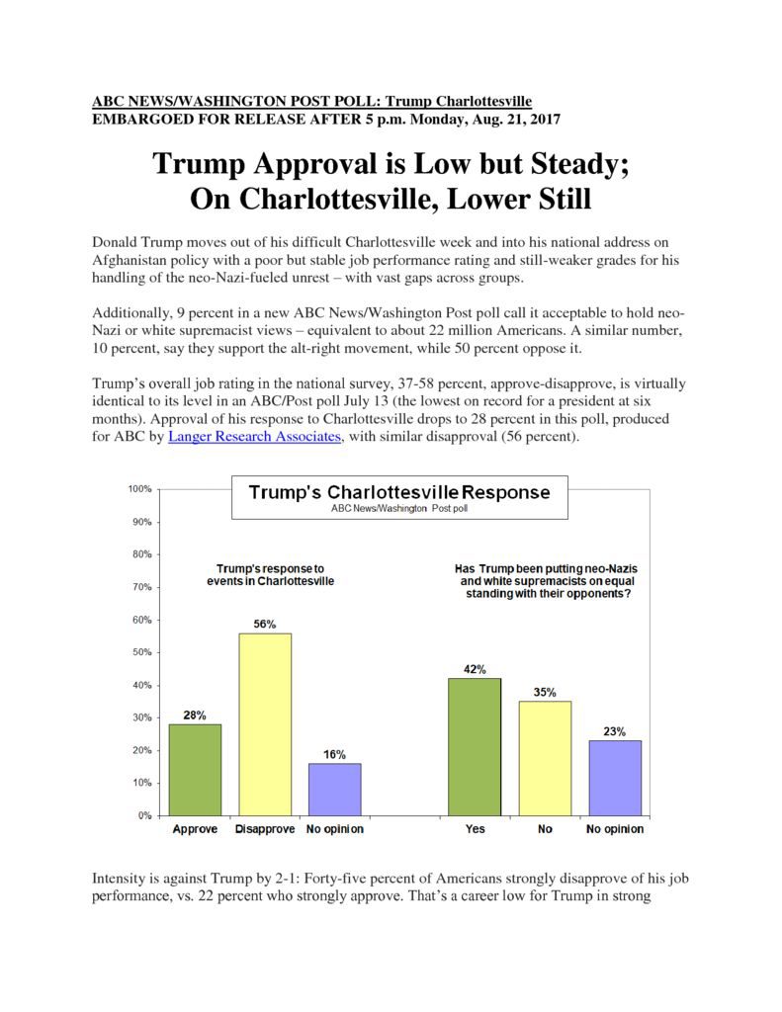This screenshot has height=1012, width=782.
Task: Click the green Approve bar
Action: pyautogui.click(x=195, y=770)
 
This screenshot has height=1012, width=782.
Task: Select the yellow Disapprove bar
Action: pyautogui.click(x=265, y=724)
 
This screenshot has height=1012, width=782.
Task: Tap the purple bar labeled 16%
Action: pyautogui.click(x=334, y=790)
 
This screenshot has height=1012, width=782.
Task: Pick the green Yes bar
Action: pyautogui.click(x=475, y=747)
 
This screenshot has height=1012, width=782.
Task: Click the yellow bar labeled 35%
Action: pyautogui.click(x=545, y=758)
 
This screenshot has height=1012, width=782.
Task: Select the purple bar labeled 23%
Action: pyautogui.click(x=615, y=778)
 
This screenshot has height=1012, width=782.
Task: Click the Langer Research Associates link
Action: pyautogui.click(x=254, y=436)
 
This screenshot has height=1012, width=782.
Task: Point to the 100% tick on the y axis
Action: pyautogui.click(x=139, y=489)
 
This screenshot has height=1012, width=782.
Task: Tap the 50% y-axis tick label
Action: pyautogui.click(x=142, y=652)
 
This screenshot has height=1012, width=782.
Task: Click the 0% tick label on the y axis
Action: pyautogui.click(x=144, y=815)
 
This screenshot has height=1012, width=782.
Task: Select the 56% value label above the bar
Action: pyautogui.click(x=265, y=625)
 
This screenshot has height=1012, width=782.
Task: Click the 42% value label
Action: pyautogui.click(x=475, y=669)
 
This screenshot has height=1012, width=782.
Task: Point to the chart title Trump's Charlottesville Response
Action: pyautogui.click(x=399, y=492)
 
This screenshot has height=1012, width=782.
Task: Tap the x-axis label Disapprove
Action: pyautogui.click(x=265, y=829)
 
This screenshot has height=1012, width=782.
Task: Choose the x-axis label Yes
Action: pyautogui.click(x=475, y=829)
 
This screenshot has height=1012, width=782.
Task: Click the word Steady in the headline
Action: pyautogui.click(x=579, y=164)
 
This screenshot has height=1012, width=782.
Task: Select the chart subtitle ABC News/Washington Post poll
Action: pyautogui.click(x=399, y=509)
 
